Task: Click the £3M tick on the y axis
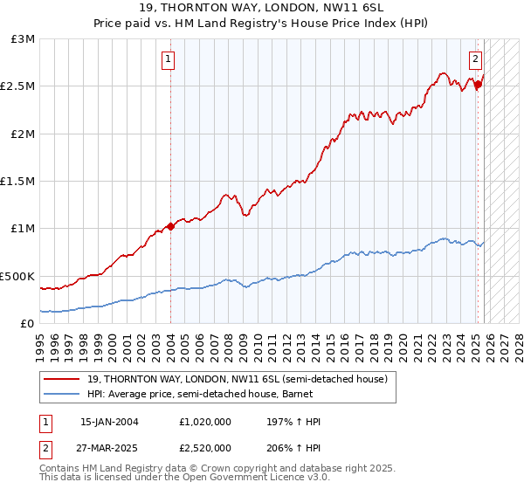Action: [24, 39]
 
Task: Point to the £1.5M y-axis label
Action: [18, 182]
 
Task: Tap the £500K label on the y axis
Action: [17, 276]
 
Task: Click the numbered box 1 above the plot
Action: [168, 60]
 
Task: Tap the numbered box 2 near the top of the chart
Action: [475, 60]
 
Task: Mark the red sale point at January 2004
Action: [171, 226]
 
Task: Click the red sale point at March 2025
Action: [479, 85]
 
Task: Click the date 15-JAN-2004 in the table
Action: [109, 422]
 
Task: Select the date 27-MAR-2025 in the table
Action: [109, 447]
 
